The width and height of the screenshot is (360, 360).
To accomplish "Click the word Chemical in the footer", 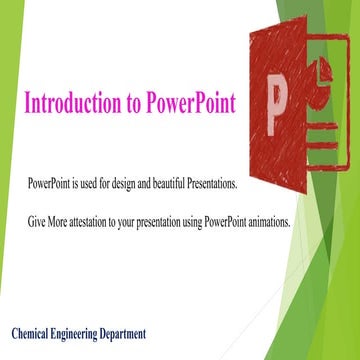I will [x=35, y=332].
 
